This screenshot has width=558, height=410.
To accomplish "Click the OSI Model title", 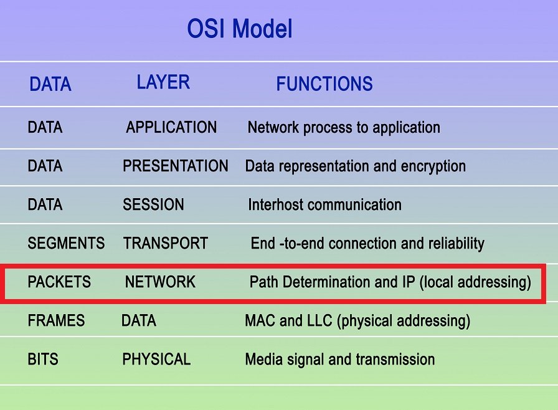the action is pos(240,29).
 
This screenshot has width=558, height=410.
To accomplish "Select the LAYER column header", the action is pos(163,82).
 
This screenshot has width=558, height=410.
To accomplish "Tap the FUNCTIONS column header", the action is pos(324,84).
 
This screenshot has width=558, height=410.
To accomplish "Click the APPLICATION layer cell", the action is pos(171,127).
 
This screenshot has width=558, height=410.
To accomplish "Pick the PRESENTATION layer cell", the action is pos(176,166).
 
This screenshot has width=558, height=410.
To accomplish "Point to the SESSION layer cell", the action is pos(153,204).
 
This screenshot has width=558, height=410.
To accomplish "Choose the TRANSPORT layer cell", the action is pos(166,244).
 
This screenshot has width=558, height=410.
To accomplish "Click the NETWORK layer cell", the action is pos(160,282).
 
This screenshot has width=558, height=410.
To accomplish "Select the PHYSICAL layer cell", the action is pos(156,359).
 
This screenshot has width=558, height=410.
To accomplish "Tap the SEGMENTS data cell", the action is pos(66,244).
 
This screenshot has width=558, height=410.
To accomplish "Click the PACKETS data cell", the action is pos(59,282).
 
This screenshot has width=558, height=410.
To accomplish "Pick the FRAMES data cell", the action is pos(56,321).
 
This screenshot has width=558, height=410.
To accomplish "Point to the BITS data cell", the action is pos(43,359).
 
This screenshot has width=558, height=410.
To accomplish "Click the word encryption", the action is pos(433,166).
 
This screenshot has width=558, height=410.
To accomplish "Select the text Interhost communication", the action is pos(325,204).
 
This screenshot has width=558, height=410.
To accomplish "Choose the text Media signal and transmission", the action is pos(340,360).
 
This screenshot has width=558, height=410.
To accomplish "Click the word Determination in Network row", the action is pos(326,282).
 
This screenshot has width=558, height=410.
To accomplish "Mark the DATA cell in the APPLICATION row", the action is pos(45,127).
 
